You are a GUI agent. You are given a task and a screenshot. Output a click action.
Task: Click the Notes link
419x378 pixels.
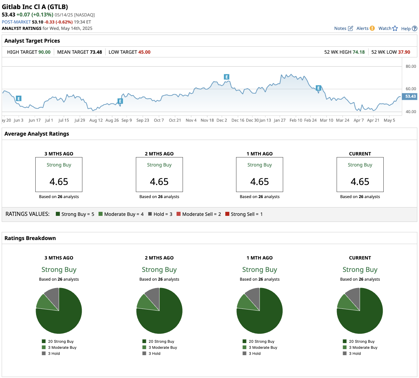tap(343, 29)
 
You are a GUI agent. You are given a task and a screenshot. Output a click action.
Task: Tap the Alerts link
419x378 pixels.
tap(365, 29)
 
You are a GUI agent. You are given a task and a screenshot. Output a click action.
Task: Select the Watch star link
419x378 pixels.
tap(388, 29)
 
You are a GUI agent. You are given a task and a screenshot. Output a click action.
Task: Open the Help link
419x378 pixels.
tap(409, 29)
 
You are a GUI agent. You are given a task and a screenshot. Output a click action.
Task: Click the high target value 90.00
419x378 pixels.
tap(44, 52)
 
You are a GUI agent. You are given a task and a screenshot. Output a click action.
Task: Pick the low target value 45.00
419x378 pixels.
tap(144, 52)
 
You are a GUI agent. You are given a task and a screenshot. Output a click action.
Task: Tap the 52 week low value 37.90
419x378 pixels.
tap(404, 52)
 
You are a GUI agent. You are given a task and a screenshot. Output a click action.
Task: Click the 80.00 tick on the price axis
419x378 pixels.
tap(411, 66)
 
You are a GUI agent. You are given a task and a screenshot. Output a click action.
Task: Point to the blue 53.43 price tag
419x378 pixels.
tap(410, 96)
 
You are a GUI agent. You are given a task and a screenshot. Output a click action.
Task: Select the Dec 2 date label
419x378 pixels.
tap(222, 120)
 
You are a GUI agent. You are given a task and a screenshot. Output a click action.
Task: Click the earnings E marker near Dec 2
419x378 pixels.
tap(227, 77)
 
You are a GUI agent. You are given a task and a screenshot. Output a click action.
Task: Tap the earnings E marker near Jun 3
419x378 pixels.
tap(19, 98)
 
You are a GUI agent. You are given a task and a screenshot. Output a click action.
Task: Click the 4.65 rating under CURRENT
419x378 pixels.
tap(360, 182)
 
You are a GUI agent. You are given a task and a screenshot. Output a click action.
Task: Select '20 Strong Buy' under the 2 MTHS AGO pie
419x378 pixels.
tap(161, 341)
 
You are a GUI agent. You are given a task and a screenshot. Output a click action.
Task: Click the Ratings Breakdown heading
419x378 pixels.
tap(30, 238)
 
